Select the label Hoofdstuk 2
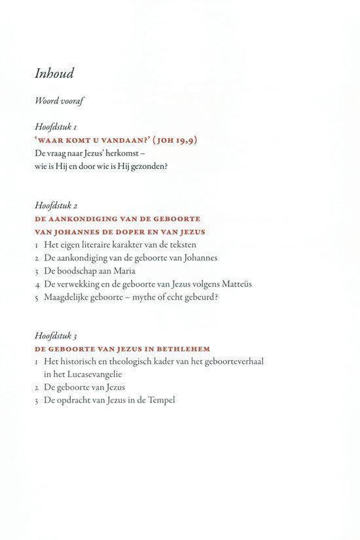pos(58,206)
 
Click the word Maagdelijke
pos(68,297)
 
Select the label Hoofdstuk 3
pos(58,336)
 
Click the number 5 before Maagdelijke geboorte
pos(37,297)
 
